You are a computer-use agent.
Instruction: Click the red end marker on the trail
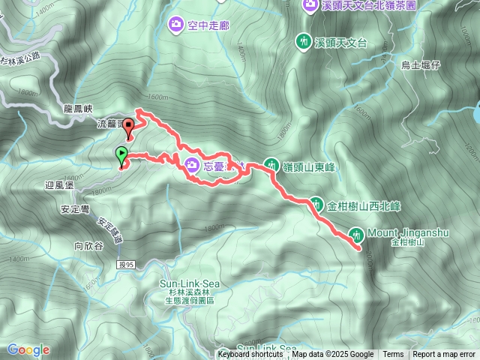point(128,127)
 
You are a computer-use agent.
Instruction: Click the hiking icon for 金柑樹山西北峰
point(316,202)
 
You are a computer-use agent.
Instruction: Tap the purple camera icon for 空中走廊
point(175,26)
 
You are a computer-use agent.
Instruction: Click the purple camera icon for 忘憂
point(191,165)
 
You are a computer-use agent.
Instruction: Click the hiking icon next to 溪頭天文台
point(304,40)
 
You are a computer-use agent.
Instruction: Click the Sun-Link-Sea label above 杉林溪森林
point(190,283)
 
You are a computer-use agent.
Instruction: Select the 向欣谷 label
point(88,244)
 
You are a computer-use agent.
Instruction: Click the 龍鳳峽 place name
point(78,109)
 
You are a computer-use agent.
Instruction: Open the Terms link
point(393,355)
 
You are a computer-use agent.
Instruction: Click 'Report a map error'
point(444,355)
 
